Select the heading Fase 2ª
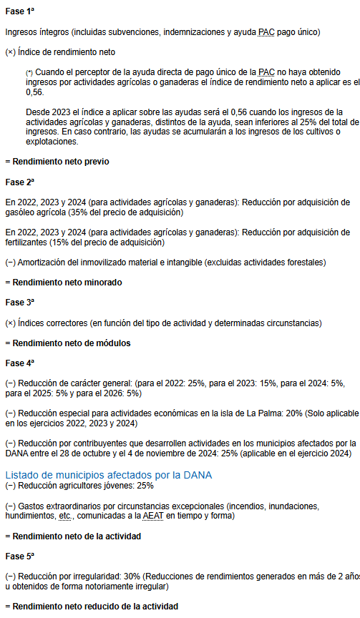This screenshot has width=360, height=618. tap(19, 182)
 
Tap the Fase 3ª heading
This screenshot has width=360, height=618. tap(19, 303)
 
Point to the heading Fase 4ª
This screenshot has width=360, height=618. tap(19, 363)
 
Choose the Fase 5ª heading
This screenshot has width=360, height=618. tap(19, 556)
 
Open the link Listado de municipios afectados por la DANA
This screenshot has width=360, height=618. tap(108, 474)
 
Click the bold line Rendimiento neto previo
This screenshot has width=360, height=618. tap(58, 162)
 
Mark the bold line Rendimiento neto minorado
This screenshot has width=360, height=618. tap(65, 283)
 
